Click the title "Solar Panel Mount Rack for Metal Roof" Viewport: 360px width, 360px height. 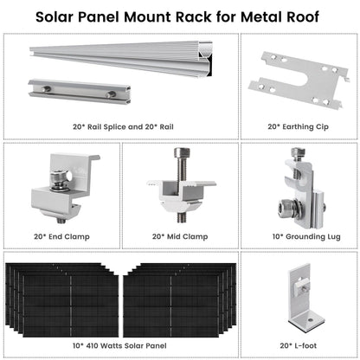pos(180,16)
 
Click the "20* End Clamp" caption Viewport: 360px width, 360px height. pos(61,235)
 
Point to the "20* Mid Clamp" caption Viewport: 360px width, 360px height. pos(179,235)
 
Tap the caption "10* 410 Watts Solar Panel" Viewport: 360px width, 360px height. pos(120,344)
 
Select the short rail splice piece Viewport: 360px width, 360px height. pos(73,91)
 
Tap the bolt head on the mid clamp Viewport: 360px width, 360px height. pos(180,152)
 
